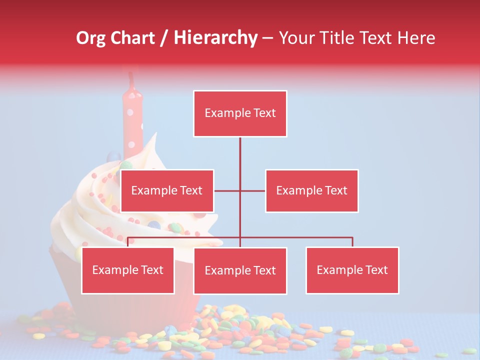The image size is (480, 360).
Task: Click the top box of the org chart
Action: click(x=240, y=113)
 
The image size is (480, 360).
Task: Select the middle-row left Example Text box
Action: click(x=167, y=190)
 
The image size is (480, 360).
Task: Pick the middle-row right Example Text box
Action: click(x=311, y=190)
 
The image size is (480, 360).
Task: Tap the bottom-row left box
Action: click(x=128, y=270)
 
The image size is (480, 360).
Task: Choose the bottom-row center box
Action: click(x=240, y=270)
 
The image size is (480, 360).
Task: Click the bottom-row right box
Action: click(x=352, y=270)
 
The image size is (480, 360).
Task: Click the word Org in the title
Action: click(x=90, y=38)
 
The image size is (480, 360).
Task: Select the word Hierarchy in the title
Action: click(x=215, y=38)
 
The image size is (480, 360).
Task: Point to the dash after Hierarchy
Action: click(x=267, y=38)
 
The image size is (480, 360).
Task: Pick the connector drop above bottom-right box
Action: click(x=352, y=242)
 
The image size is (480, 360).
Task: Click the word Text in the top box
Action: click(x=264, y=113)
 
